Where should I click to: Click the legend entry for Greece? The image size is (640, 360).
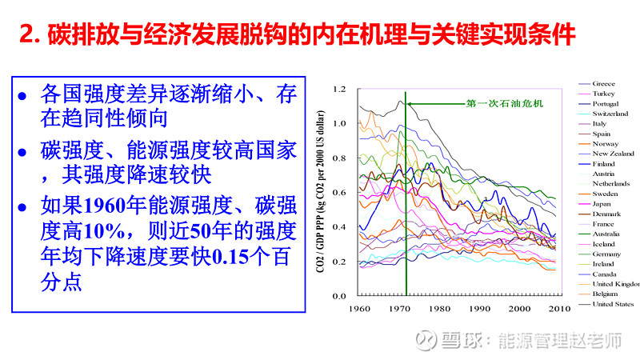[604, 83]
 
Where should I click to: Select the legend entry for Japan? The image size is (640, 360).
[602, 204]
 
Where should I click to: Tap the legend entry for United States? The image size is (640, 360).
[613, 304]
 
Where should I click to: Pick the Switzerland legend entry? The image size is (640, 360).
[610, 114]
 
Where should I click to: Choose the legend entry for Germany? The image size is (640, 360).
[606, 254]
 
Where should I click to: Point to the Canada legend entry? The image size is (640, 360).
[604, 274]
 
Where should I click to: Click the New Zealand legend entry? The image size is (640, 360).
[613, 153]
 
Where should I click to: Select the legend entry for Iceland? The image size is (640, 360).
[604, 243]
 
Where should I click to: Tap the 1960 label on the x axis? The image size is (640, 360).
[361, 308]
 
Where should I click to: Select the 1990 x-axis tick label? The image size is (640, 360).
[479, 308]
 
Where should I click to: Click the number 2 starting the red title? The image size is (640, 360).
[25, 36]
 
